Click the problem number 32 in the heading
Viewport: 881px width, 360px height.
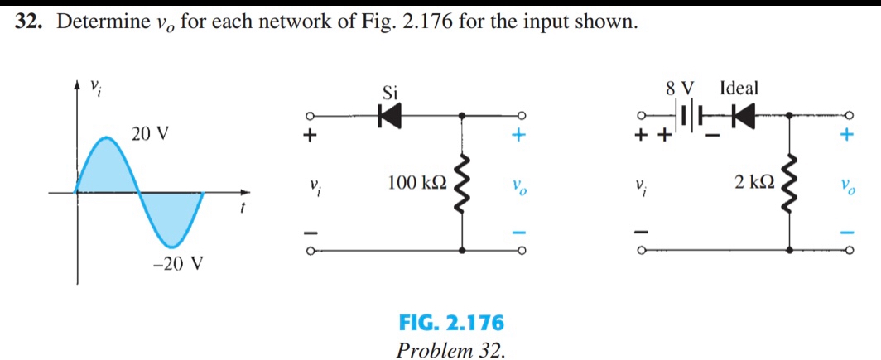pos(29,22)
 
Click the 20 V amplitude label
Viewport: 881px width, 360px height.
pos(150,133)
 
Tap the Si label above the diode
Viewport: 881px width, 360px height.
pos(390,93)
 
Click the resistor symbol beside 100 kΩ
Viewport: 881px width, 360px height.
pos(462,182)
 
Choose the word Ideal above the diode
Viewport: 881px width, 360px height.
pos(739,87)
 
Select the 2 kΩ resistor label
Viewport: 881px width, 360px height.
pos(754,183)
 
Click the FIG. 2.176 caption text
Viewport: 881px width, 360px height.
pos(450,322)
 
